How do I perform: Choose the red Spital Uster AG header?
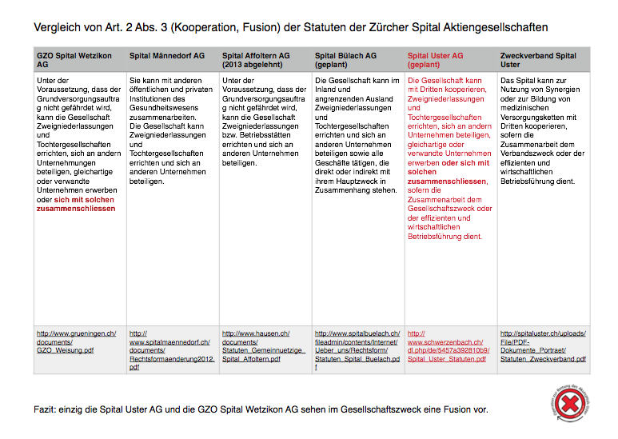[435, 60]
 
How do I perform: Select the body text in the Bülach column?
[357, 136]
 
